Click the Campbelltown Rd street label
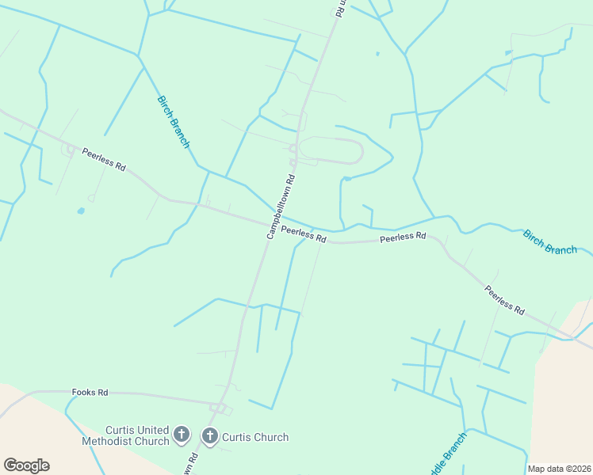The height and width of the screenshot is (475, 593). tap(281, 207)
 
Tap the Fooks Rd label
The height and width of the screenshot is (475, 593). tap(90, 392)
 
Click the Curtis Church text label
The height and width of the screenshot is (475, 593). tap(255, 437)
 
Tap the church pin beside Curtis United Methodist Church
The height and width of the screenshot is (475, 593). tap(182, 435)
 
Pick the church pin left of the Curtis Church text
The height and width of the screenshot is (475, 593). tap(210, 435)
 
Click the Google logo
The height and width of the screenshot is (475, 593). tap(26, 465)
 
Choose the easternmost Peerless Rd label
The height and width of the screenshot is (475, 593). tap(505, 300)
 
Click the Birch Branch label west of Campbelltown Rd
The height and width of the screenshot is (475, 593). tap(173, 122)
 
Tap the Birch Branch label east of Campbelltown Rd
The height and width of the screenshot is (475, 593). tap(549, 242)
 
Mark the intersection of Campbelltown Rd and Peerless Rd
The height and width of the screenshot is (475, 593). tap(269, 224)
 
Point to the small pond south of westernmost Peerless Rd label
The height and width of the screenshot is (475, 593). tap(81, 211)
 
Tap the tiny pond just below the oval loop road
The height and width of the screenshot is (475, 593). tap(347, 178)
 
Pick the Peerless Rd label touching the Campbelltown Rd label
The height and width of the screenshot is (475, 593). tap(304, 234)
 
